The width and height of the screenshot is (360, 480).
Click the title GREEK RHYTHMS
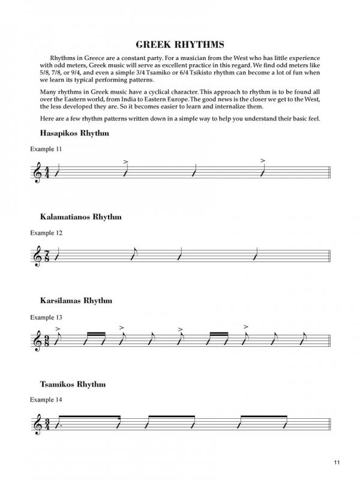click(x=179, y=44)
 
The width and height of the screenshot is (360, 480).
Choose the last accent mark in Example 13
click(x=246, y=327)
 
